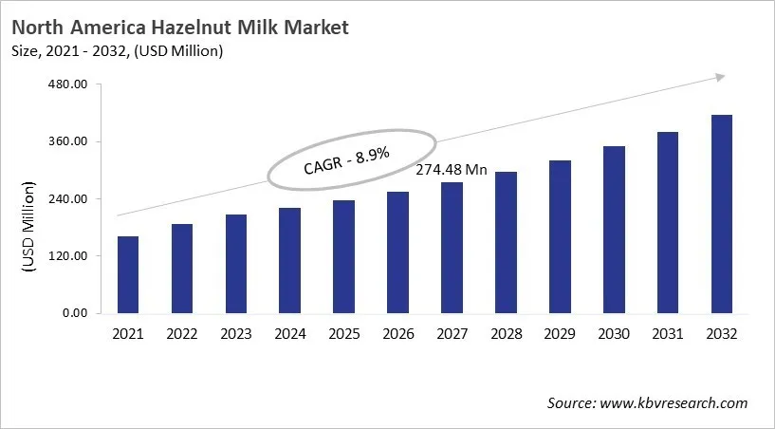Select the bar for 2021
(127, 275)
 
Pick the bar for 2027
(452, 248)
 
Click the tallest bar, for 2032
(722, 214)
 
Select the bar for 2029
(560, 237)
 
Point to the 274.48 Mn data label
(452, 170)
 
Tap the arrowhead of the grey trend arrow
(720, 77)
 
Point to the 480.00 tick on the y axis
(67, 85)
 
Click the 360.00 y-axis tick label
(67, 142)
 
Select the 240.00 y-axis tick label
(67, 199)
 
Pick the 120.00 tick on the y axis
(67, 256)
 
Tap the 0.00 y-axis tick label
(74, 313)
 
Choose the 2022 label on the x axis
(182, 334)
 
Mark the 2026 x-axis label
(397, 334)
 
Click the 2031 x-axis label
(668, 334)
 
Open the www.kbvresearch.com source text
(674, 403)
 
